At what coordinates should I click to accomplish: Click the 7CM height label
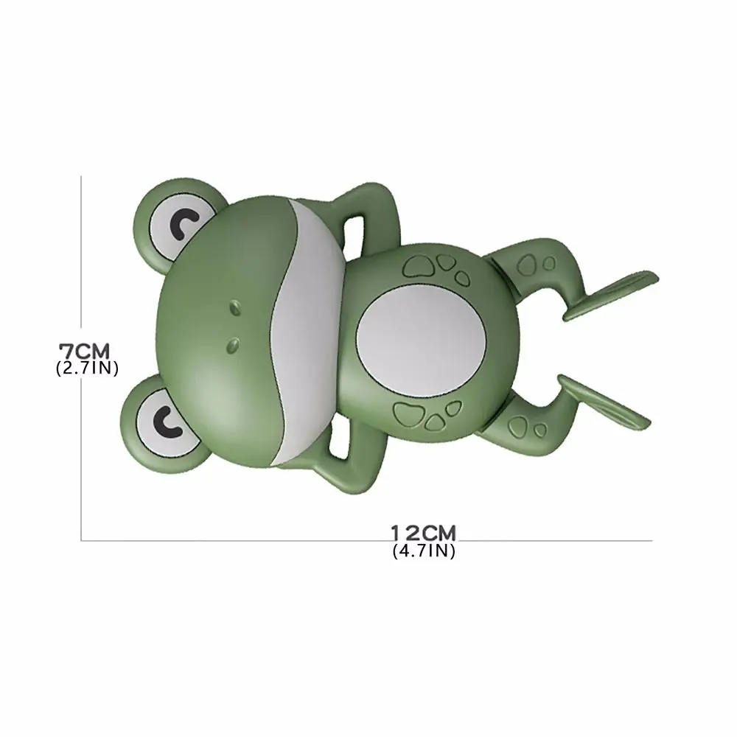pyautogui.click(x=87, y=348)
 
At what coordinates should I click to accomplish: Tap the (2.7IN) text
pyautogui.click(x=87, y=368)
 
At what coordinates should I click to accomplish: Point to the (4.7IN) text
pyautogui.click(x=424, y=551)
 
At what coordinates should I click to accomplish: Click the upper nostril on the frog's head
pyautogui.click(x=235, y=304)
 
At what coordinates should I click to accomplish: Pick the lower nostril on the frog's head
pyautogui.click(x=234, y=341)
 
